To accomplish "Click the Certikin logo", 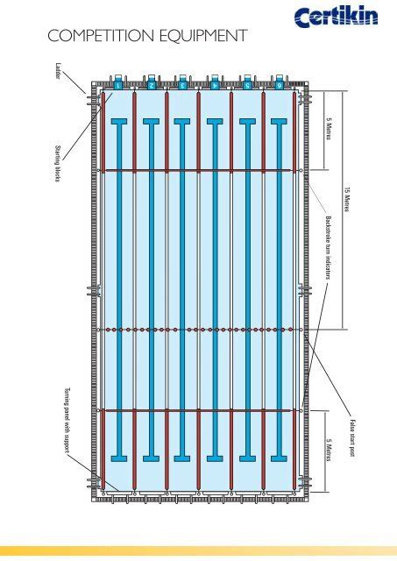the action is pyautogui.click(x=336, y=17).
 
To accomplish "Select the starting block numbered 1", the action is pyautogui.click(x=118, y=82).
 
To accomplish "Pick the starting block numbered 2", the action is pyautogui.click(x=152, y=82).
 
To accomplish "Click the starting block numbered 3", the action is pyautogui.click(x=182, y=82).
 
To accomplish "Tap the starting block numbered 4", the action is pyautogui.click(x=215, y=82).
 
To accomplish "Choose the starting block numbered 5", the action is pyautogui.click(x=247, y=82).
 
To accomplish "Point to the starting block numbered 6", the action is pyautogui.click(x=280, y=82).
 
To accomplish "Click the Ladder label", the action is pyautogui.click(x=59, y=71).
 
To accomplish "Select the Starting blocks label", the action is pyautogui.click(x=58, y=163).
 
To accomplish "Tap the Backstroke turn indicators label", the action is pyautogui.click(x=328, y=247).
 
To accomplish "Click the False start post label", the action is pyautogui.click(x=352, y=438).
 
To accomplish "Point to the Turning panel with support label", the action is pyautogui.click(x=67, y=420).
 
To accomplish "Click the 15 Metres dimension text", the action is pyautogui.click(x=346, y=199).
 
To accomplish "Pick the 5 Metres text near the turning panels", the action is pyautogui.click(x=329, y=450).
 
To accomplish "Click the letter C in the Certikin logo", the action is pyautogui.click(x=301, y=18).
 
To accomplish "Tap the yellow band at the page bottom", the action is pyautogui.click(x=198, y=551).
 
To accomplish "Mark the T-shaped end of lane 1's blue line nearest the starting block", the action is pyautogui.click(x=119, y=122).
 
